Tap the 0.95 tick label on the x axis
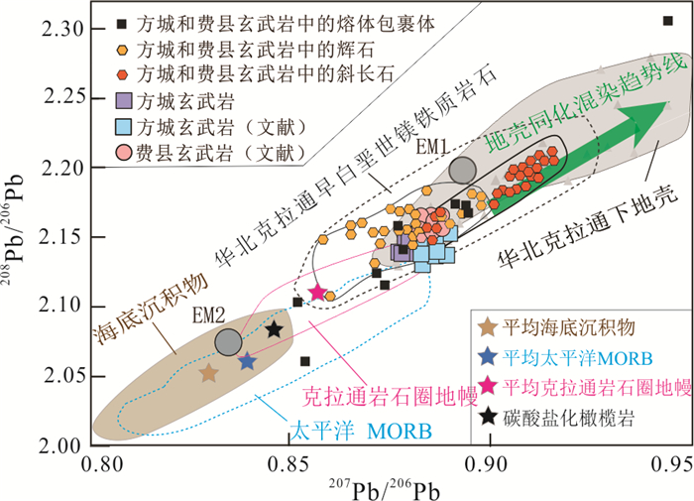click(x=672, y=462)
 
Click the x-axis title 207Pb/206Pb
click(x=387, y=486)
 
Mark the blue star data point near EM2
click(x=247, y=362)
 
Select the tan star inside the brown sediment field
click(x=208, y=373)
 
